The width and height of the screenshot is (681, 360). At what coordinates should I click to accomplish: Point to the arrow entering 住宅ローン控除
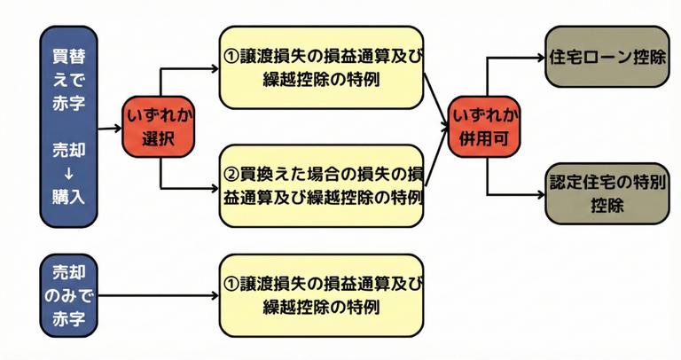pos(514,59)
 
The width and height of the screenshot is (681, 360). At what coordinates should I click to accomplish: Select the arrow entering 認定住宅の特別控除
pos(514,194)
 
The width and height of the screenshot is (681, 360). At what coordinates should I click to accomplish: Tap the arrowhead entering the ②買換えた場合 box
pos(213,188)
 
